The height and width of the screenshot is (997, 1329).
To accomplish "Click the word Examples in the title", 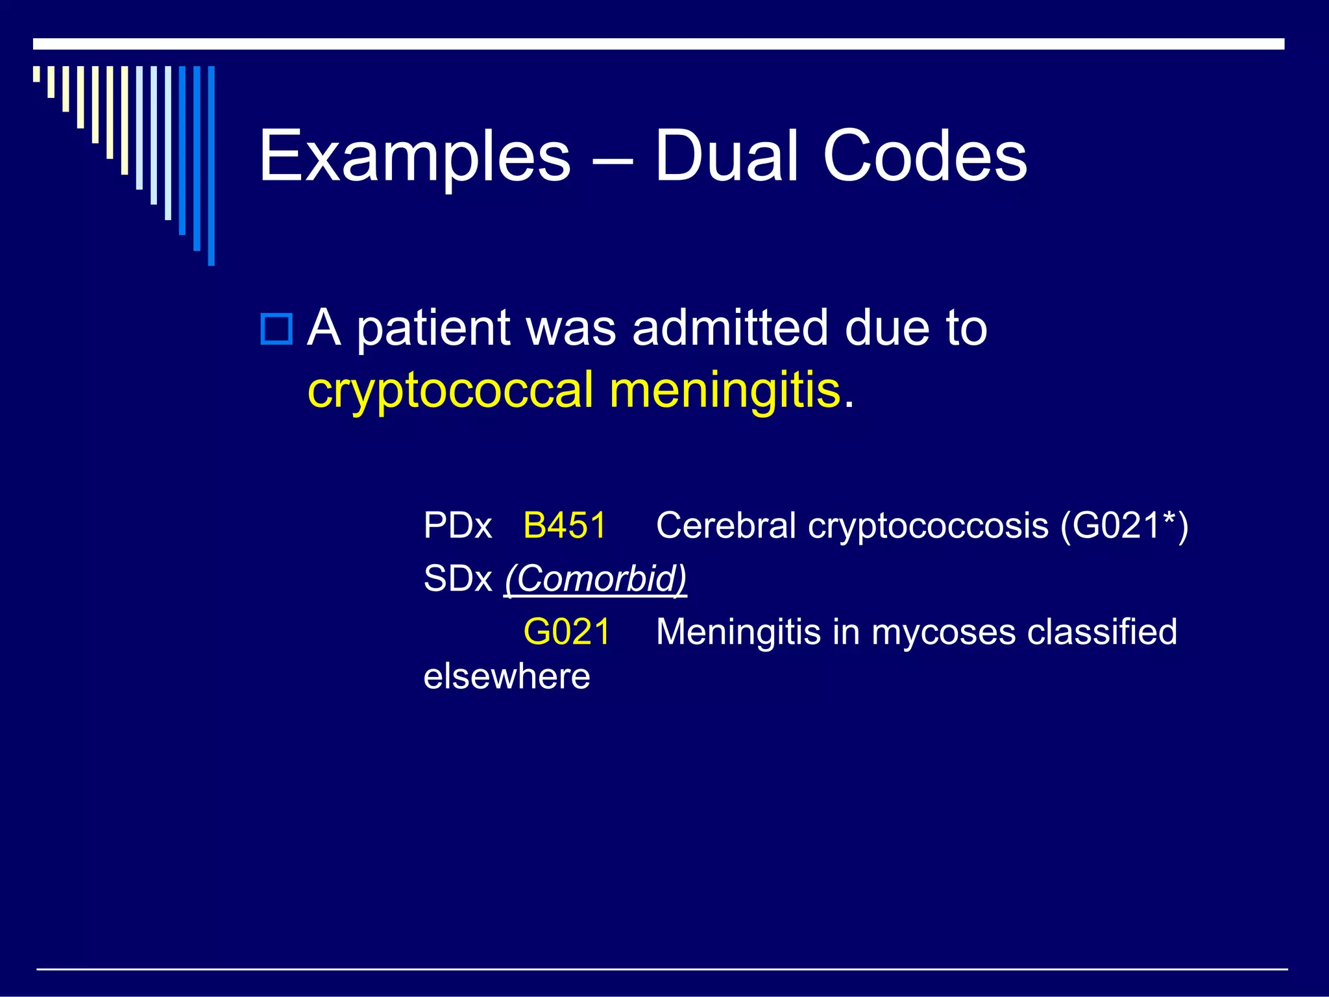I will tap(415, 156).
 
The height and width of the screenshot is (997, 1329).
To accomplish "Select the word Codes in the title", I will tap(925, 156).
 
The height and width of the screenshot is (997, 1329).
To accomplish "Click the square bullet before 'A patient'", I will tap(276, 328).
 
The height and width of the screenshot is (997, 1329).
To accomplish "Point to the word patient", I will tap(433, 328).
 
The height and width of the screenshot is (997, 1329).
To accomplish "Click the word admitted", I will tap(730, 327).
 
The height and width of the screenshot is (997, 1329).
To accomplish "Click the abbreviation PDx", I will tap(457, 525).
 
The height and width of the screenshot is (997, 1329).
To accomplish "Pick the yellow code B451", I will tap(565, 525).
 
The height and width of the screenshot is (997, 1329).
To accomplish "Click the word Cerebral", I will tap(725, 525).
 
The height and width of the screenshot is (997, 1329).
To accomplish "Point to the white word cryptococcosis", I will tap(928, 526).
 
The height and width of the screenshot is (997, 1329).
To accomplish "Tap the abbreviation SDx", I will tap(457, 578).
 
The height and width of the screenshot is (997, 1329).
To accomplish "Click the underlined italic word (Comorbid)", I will tap(596, 578).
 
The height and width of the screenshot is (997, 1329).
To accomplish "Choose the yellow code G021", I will tap(567, 632).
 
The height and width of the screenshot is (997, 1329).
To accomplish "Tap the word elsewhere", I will tap(507, 676).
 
